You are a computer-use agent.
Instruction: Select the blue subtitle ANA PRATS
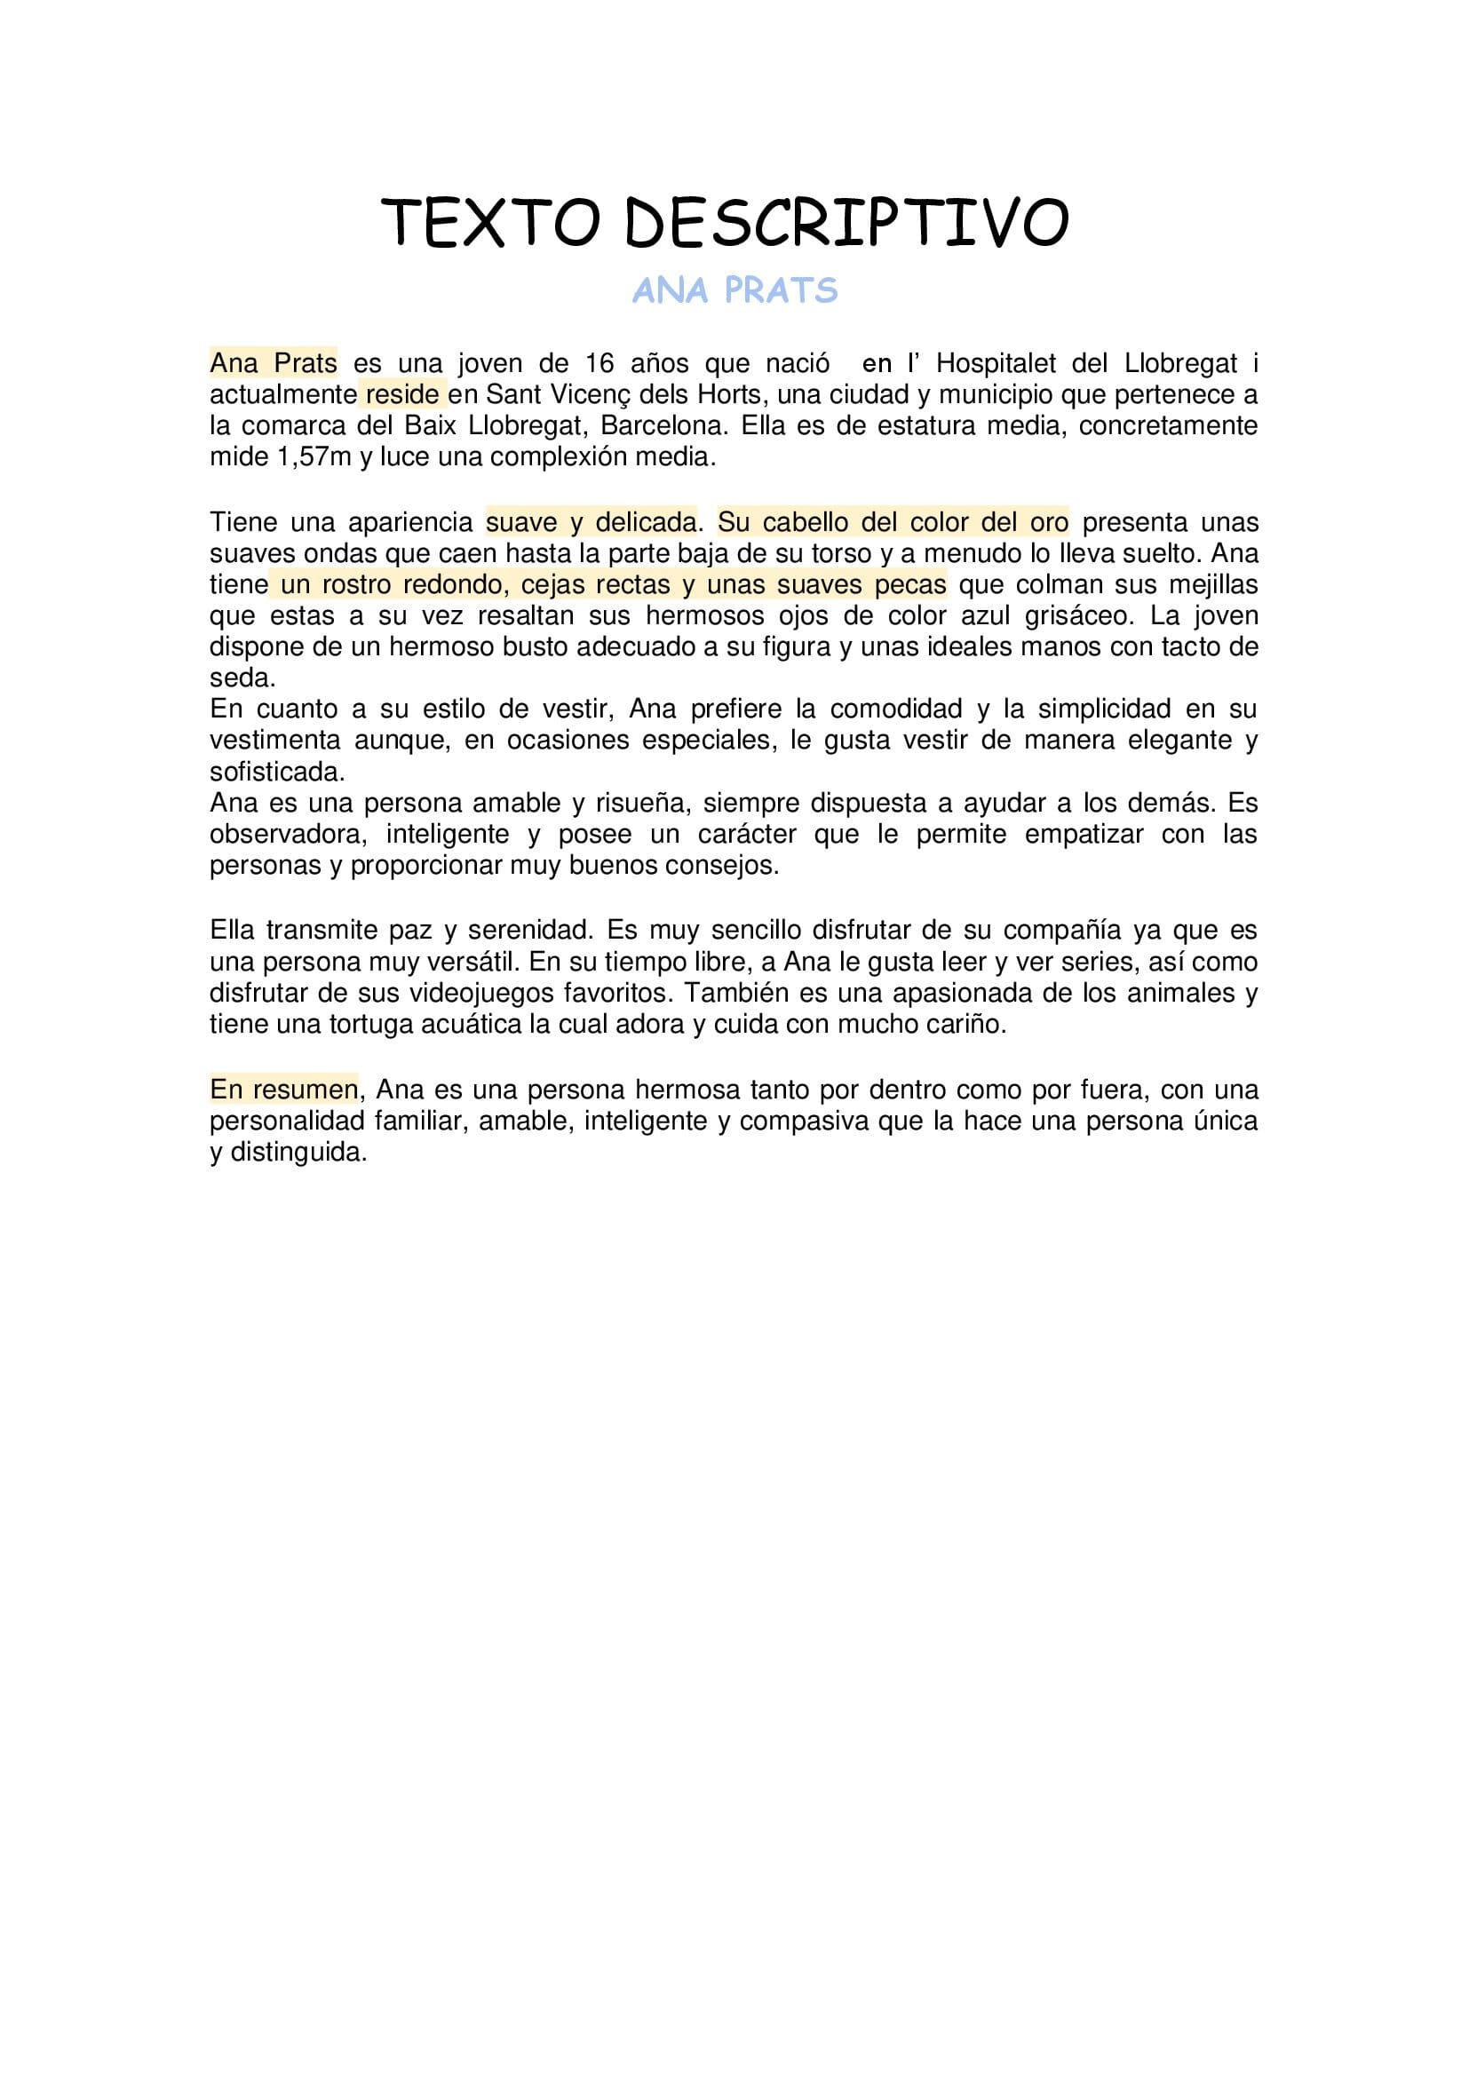pos(734,290)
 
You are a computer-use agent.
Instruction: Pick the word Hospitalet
pos(996,364)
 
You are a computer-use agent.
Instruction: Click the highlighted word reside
pos(402,395)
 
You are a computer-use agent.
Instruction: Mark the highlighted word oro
pos(1048,523)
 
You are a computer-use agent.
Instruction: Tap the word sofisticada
pos(277,772)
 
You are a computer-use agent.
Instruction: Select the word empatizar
pos(1084,834)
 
